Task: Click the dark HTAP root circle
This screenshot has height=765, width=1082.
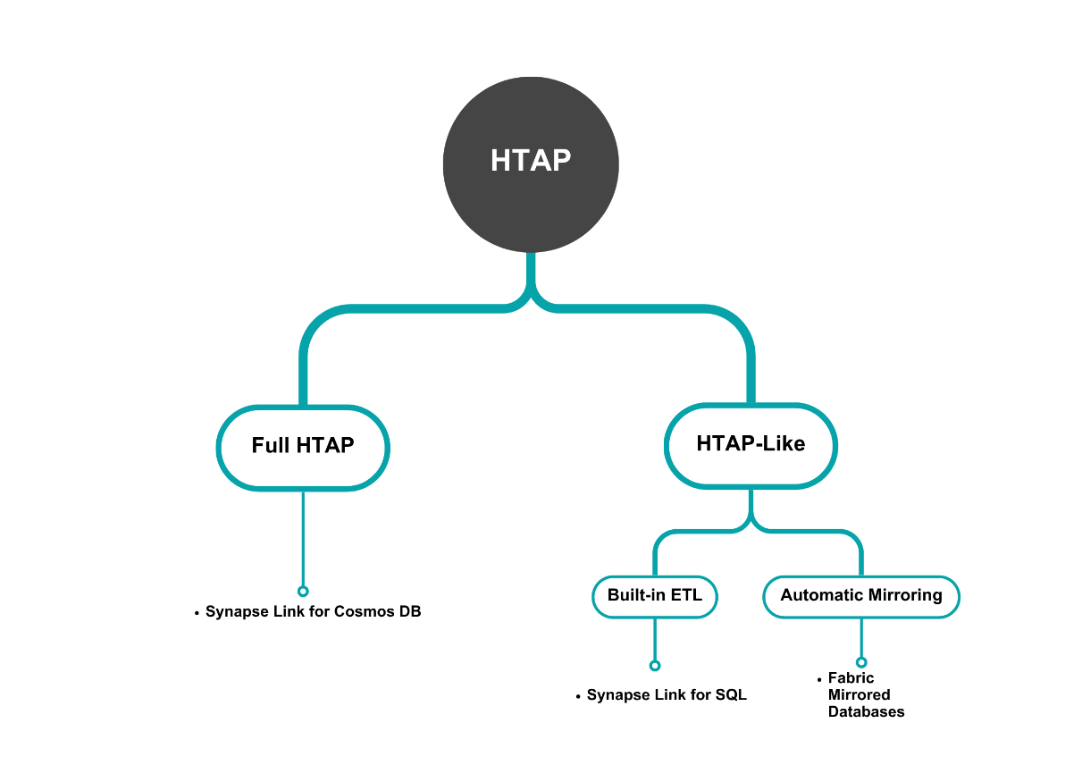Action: (531, 163)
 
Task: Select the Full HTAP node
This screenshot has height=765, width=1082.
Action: (303, 446)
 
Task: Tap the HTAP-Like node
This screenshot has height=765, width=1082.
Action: (751, 444)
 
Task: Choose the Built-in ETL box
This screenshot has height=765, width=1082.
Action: (655, 596)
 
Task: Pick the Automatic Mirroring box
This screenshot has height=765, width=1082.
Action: (860, 596)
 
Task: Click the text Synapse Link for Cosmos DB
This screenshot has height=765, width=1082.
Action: (313, 612)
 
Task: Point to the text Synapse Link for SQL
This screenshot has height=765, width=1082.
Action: (666, 695)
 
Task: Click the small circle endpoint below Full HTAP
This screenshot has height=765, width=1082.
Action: (303, 591)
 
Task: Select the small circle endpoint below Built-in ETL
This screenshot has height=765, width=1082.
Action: (655, 665)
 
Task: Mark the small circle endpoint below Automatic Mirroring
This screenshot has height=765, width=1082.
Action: (861, 662)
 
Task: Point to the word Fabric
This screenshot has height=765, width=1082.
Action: (851, 678)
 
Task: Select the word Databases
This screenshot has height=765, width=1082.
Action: (866, 712)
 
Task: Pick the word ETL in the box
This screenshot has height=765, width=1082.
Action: (689, 596)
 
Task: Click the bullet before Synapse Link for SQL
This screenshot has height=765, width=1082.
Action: (578, 696)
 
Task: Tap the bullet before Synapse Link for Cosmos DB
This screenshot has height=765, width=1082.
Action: (197, 613)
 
